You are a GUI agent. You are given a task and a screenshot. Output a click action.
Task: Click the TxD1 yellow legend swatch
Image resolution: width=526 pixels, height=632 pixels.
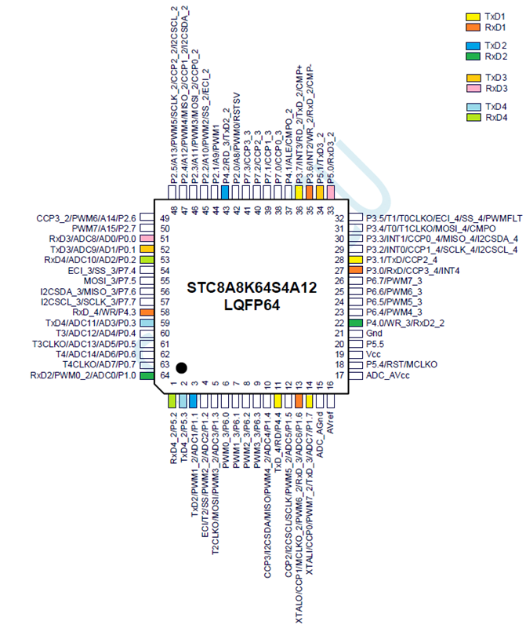473,17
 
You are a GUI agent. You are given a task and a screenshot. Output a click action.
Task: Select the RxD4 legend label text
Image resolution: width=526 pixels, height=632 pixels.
496,118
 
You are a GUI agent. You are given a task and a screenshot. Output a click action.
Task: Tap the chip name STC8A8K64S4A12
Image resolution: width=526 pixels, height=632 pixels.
252,288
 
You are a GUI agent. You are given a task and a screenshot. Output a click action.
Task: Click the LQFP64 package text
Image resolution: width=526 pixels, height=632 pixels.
252,305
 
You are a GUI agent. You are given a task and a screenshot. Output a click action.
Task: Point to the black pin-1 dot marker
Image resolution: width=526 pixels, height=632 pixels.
182,367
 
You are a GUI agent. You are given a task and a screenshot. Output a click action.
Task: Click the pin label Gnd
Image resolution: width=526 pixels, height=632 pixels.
374,334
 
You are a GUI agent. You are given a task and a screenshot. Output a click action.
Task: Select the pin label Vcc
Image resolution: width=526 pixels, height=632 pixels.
373,354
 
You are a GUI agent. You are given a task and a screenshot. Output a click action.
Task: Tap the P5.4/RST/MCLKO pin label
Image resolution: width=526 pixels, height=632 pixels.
401,365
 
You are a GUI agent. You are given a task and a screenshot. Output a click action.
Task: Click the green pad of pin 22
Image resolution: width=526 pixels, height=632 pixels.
355,323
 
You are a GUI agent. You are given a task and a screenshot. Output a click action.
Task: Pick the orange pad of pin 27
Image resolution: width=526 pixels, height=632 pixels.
355,270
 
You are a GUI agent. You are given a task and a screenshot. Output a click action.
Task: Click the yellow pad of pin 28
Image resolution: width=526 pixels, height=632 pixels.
355,260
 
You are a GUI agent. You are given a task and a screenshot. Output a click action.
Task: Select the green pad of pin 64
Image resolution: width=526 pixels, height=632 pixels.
147,375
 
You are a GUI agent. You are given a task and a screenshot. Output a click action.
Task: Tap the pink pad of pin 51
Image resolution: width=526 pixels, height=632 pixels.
147,239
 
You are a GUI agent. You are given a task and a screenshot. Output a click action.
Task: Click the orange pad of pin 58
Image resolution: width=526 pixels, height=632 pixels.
147,312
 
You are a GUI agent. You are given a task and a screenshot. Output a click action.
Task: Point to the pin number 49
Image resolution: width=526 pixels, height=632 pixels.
165,218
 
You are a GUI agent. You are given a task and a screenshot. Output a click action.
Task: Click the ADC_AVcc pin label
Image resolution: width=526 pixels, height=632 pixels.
387,375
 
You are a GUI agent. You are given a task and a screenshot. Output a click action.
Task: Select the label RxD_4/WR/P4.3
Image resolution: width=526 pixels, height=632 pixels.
104,312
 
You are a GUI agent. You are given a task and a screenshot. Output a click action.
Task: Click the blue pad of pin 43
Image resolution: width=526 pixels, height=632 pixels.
225,192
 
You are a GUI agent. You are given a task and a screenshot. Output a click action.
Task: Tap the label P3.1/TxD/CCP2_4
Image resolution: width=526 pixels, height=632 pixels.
401,260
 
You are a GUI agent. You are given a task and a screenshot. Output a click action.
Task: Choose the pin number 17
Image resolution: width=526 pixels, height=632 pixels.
339,375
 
